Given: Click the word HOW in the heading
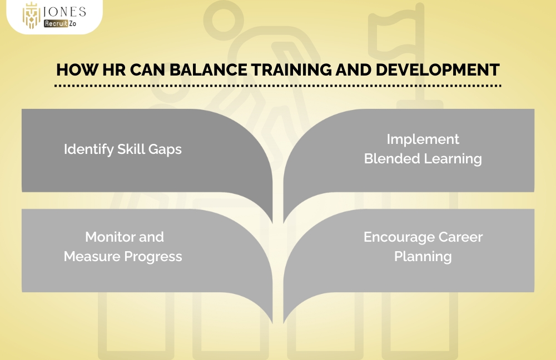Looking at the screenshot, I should tap(75, 71).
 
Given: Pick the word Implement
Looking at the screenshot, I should tap(423, 139).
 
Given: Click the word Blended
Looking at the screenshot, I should tap(390, 158).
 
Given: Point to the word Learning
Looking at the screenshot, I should tap(453, 159).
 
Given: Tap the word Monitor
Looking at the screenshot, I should tap(108, 237).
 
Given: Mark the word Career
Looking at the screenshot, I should tap(460, 237).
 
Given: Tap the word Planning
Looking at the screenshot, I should tap(423, 257).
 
